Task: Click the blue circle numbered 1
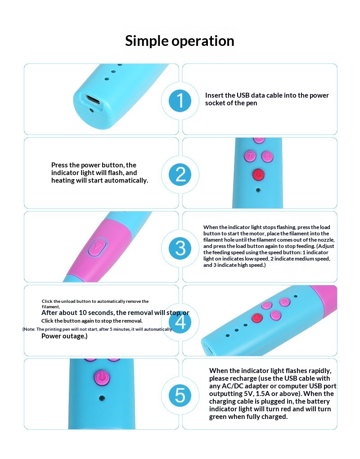[x=180, y=100]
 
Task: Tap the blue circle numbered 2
[x=180, y=175]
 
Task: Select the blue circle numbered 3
[x=180, y=248]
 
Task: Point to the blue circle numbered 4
[x=180, y=322]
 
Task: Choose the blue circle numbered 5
[x=180, y=396]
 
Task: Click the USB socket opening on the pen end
[x=93, y=100]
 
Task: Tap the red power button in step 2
[x=258, y=175]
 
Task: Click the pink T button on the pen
[x=250, y=156]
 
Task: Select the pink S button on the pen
[x=267, y=156]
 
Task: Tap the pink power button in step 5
[x=102, y=377]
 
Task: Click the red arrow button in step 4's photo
[x=257, y=317]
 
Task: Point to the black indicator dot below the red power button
[x=258, y=190]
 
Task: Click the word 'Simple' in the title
[x=146, y=41]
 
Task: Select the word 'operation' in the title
[x=203, y=41]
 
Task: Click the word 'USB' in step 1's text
[x=243, y=95]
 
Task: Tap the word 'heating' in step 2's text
[x=63, y=180]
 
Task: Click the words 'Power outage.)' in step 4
[x=64, y=336]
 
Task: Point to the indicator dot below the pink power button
[x=102, y=398]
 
